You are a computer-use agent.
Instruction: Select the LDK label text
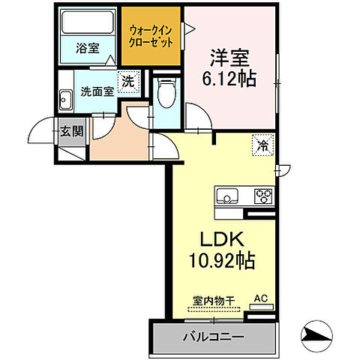[218, 240]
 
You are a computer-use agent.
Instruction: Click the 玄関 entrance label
[71, 133]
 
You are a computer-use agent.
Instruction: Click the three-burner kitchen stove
[263, 196]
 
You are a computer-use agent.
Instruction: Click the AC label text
[261, 298]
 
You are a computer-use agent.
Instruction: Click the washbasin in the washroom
[65, 94]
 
